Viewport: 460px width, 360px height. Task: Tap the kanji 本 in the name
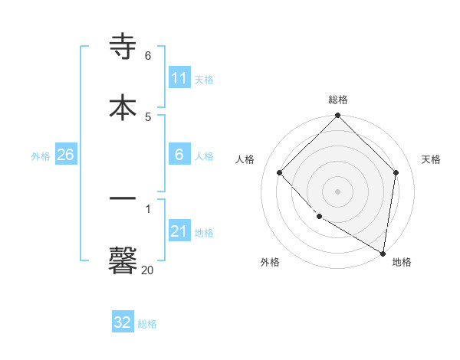pyautogui.click(x=123, y=106)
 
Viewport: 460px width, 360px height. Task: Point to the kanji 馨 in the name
pyautogui.click(x=123, y=259)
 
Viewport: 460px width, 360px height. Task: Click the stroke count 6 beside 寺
pyautogui.click(x=148, y=56)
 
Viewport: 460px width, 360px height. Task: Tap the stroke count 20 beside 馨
pyautogui.click(x=147, y=270)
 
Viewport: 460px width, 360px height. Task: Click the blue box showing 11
pyautogui.click(x=179, y=78)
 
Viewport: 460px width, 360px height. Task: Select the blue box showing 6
pyautogui.click(x=179, y=155)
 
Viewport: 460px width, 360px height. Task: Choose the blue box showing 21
pyautogui.click(x=179, y=231)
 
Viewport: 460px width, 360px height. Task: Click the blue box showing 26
pyautogui.click(x=65, y=155)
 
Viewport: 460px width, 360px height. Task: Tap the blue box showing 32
pyautogui.click(x=123, y=322)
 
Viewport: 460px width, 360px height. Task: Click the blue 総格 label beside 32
pyautogui.click(x=147, y=324)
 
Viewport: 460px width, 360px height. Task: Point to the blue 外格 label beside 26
pyautogui.click(x=41, y=156)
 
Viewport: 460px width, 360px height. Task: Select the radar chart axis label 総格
pyautogui.click(x=338, y=100)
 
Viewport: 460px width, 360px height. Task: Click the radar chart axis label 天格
pyautogui.click(x=431, y=159)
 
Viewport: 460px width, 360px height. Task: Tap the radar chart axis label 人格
pyautogui.click(x=245, y=159)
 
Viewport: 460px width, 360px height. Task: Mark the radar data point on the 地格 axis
pyautogui.click(x=383, y=253)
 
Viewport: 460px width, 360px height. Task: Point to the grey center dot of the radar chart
pyautogui.click(x=338, y=191)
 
